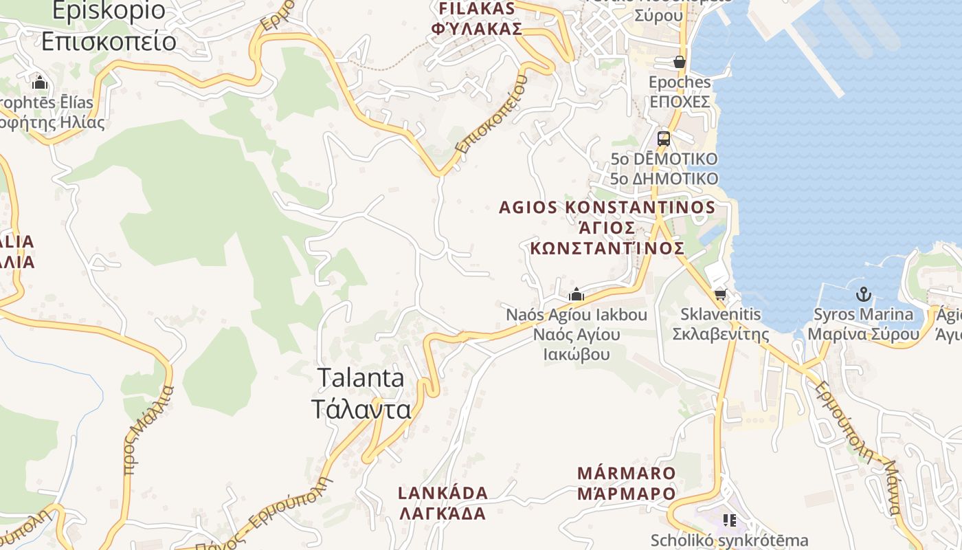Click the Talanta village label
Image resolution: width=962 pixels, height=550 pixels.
coord(361,393)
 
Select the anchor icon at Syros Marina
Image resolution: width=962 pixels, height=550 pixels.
coord(863,294)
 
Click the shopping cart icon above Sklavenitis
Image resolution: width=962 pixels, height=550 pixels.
coord(719,295)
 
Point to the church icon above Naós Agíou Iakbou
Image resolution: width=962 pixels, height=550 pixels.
coord(576,295)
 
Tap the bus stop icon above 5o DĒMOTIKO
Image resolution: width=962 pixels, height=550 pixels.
coord(663,138)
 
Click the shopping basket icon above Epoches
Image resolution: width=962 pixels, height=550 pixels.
coord(680,62)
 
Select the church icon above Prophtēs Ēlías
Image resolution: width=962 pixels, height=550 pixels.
coord(40,83)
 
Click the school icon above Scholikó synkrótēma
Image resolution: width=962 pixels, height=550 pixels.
coord(729,520)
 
